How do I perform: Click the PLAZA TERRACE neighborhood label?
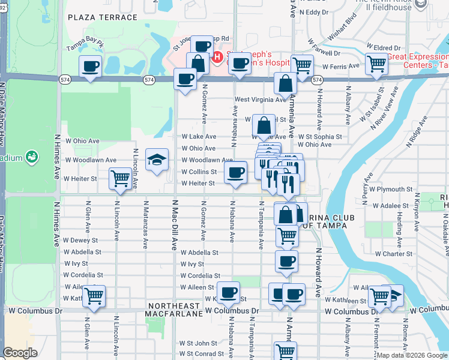[x=103, y=17]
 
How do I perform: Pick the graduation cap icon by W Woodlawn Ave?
[x=157, y=160]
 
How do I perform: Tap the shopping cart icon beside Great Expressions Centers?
[x=376, y=63]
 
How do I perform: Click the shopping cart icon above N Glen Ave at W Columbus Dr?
[x=94, y=295]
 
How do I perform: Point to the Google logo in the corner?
[x=20, y=353]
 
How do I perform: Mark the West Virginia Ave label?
[x=258, y=99]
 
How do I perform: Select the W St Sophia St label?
[x=319, y=136]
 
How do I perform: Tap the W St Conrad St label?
[x=202, y=353]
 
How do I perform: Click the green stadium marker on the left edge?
[x=32, y=157]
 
